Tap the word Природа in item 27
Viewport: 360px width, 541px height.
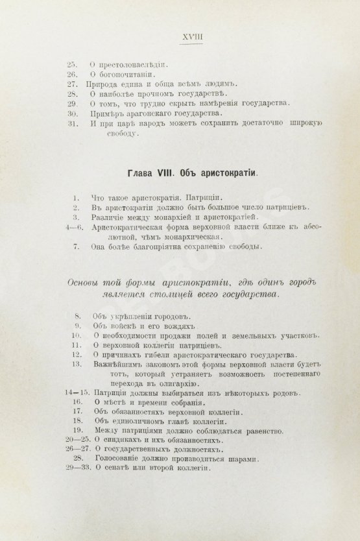[x=105, y=84]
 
